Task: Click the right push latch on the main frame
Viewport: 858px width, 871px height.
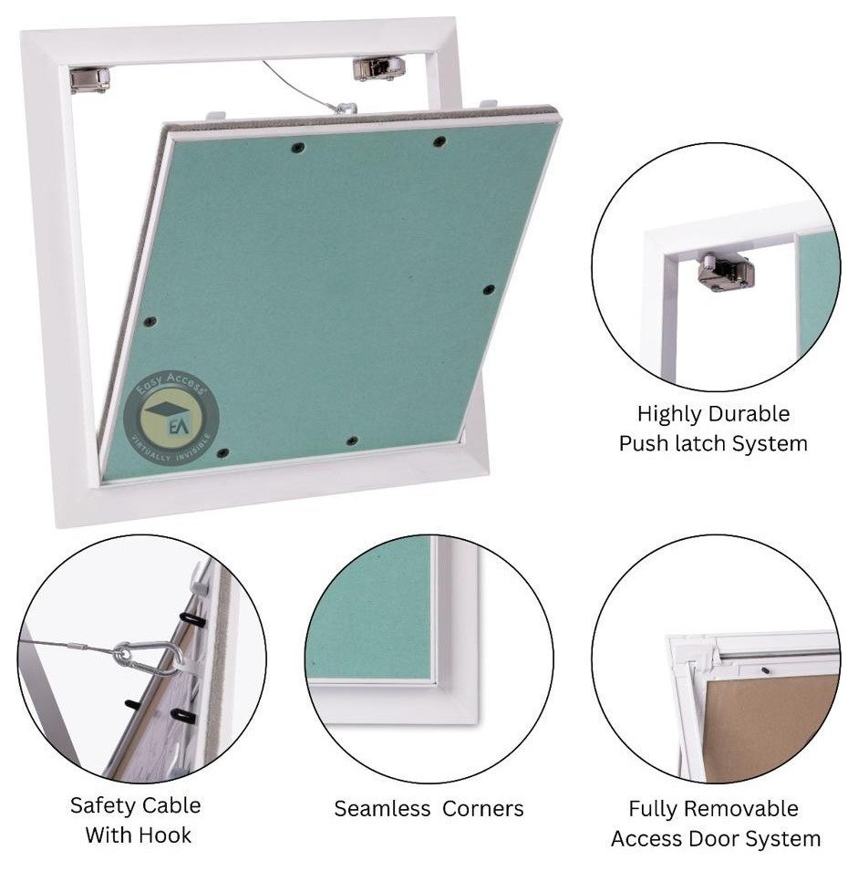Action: coord(378,67)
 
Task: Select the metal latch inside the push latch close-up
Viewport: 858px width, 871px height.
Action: coord(726,271)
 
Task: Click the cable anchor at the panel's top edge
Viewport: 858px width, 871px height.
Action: coord(345,109)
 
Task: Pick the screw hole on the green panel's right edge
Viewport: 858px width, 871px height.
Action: coord(489,290)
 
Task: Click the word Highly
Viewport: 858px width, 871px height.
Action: coord(669,414)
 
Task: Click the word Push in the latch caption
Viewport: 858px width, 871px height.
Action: coord(646,444)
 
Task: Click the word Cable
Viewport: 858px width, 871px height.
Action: coord(171,805)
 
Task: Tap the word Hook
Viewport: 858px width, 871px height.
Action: coord(164,835)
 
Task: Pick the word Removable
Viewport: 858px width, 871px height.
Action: coord(741,808)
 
